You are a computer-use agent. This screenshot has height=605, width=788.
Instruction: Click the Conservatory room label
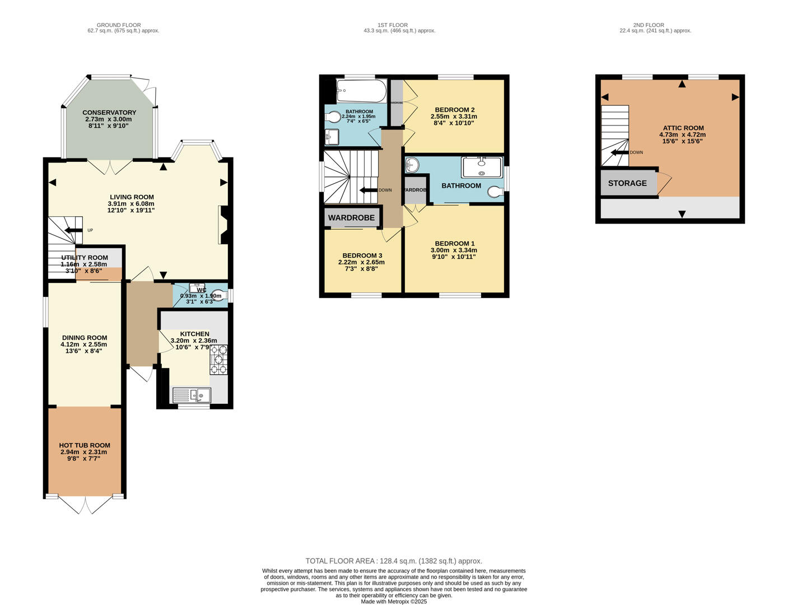click(109, 113)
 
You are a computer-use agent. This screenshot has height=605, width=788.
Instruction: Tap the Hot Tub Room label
click(85, 445)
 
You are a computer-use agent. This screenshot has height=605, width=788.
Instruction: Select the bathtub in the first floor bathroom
click(361, 91)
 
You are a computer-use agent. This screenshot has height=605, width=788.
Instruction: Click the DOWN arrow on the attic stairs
click(619, 152)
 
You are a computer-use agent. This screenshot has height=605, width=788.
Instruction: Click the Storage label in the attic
click(627, 183)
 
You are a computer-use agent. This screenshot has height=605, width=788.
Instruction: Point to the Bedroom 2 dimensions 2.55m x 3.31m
click(454, 117)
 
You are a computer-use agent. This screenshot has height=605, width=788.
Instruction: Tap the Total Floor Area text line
click(394, 561)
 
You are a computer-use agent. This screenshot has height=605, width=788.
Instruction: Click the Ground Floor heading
click(119, 25)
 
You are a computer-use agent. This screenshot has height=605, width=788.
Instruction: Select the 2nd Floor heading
click(649, 25)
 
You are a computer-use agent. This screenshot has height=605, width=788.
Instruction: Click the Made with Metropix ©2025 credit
click(394, 602)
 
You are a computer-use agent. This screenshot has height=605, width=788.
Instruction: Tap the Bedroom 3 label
click(362, 255)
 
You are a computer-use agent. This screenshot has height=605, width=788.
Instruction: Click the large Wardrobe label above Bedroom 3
click(351, 217)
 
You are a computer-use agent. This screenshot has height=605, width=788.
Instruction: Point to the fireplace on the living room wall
click(223, 225)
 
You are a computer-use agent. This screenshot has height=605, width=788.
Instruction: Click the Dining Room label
click(85, 338)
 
